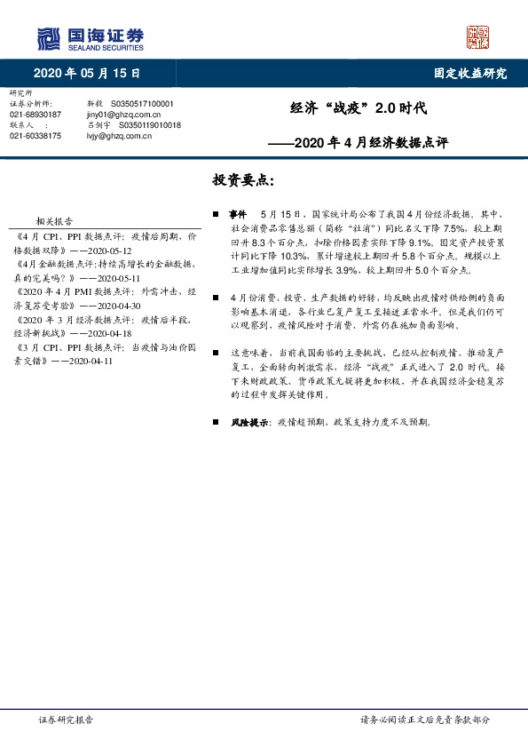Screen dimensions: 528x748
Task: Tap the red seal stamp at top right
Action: [479, 36]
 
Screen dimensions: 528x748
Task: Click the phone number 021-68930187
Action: [35, 115]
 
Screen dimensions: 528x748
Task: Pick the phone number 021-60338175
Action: [35, 136]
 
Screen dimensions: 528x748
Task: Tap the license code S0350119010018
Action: [148, 125]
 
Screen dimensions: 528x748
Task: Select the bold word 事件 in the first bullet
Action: [236, 215]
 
